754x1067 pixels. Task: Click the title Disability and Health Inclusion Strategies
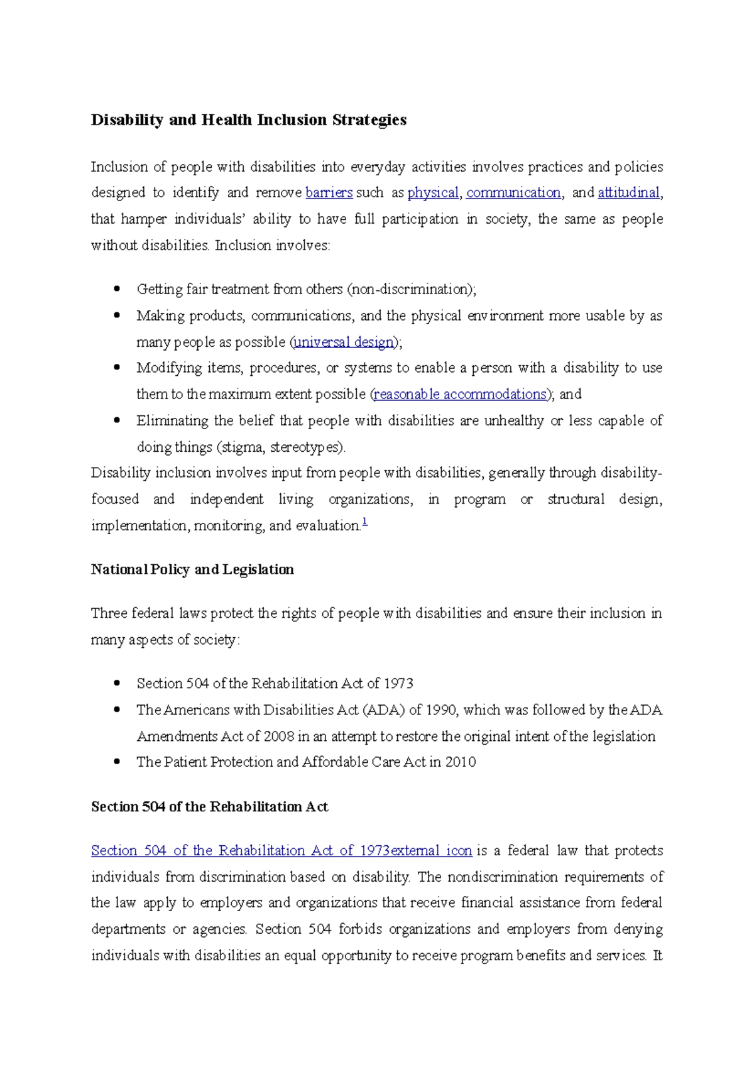pyautogui.click(x=248, y=120)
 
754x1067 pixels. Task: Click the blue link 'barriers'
pyautogui.click(x=329, y=193)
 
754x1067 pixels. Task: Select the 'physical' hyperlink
pyautogui.click(x=433, y=193)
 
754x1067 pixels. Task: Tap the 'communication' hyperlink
pyautogui.click(x=513, y=193)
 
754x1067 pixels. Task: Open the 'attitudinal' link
pyautogui.click(x=628, y=193)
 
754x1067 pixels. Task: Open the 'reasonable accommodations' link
pyautogui.click(x=461, y=395)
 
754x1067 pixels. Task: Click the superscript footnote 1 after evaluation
pyautogui.click(x=365, y=522)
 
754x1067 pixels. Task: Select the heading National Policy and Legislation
pyautogui.click(x=192, y=569)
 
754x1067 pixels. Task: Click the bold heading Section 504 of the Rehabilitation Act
pyautogui.click(x=209, y=807)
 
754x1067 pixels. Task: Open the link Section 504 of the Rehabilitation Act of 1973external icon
pyautogui.click(x=281, y=851)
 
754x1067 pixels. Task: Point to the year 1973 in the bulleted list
pyautogui.click(x=398, y=684)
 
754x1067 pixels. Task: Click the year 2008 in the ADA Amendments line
pyautogui.click(x=278, y=736)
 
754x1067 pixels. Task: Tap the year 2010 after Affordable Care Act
pyautogui.click(x=461, y=762)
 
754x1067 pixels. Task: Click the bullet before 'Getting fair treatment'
pyautogui.click(x=117, y=289)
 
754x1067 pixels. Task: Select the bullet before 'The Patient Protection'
pyautogui.click(x=117, y=762)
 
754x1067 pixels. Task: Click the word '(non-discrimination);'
pyautogui.click(x=412, y=290)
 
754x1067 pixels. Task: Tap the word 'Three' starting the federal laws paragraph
pyautogui.click(x=109, y=613)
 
